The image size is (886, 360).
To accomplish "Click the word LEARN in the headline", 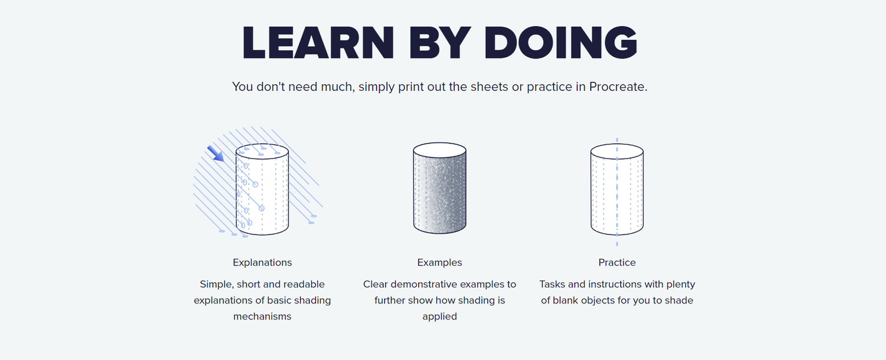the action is pos(318,43).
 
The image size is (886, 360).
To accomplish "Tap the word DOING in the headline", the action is pos(561,43).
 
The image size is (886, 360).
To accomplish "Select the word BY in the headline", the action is pos(440,43).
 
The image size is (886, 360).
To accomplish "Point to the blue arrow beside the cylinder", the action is pos(215,154).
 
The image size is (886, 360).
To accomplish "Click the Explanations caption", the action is pos(262,262).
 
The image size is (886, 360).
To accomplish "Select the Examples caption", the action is pos(440,262).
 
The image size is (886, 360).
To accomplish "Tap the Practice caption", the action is pos(617,262).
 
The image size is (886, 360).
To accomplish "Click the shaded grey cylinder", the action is pos(440,188).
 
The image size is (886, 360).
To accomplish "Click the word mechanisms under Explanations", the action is pos(262,317).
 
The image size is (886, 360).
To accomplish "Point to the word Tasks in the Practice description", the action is pos(550,284).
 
